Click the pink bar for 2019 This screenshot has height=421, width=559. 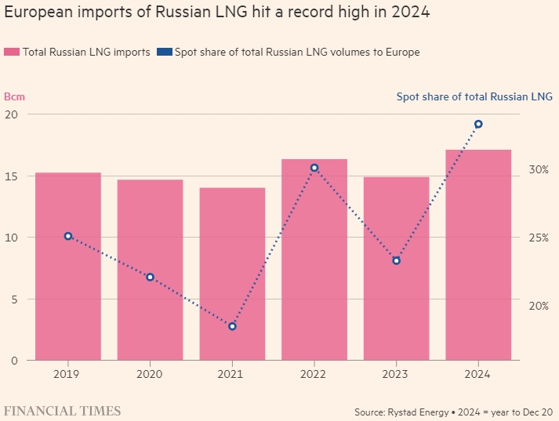68,267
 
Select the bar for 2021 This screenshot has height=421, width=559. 232,274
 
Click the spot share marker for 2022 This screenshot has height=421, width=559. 314,168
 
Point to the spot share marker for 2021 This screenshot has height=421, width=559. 232,326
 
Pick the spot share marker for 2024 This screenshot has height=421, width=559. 478,124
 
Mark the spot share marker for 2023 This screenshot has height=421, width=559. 396,260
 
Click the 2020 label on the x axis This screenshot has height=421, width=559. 150,374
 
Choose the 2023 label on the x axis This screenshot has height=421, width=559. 396,374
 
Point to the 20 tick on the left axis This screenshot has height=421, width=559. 11,114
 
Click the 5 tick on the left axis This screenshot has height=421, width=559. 14,299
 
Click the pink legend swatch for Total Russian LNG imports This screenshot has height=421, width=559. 12,53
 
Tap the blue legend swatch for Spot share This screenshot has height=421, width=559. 164,53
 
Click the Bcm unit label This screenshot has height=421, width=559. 14,97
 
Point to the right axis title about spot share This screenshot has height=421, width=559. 474,97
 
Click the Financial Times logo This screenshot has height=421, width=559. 63,411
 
